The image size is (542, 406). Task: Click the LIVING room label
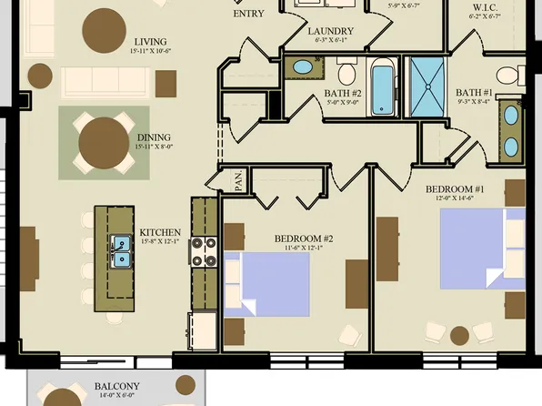151,41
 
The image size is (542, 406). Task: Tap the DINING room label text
153,137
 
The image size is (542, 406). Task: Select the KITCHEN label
159,232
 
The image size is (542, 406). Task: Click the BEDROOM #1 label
455,189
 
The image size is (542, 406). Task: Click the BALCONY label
117,386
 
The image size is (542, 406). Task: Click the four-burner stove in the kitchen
205,251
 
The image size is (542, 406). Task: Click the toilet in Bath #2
346,73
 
